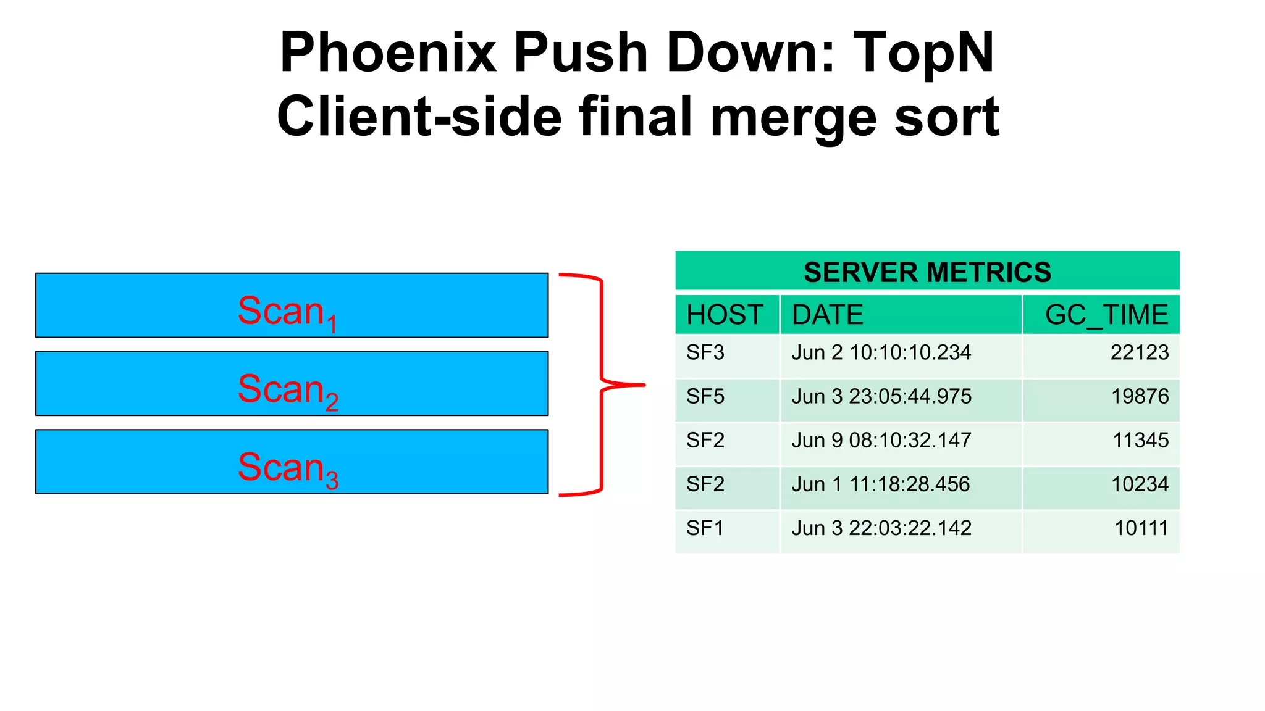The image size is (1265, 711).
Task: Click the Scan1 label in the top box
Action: coord(288,312)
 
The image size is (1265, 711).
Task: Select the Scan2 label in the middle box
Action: coord(288,390)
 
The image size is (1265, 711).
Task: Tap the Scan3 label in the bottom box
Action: coord(288,468)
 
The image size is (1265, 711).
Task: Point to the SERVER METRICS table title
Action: coord(927,272)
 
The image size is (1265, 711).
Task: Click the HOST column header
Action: coord(725,315)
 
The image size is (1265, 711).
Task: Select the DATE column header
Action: coord(827,315)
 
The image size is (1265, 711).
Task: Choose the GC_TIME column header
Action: coord(1106,315)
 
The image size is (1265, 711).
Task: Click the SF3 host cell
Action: coord(705,352)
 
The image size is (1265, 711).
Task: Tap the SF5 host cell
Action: coord(705,396)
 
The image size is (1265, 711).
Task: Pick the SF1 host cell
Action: coord(705,528)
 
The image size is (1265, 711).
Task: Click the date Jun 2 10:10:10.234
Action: coord(881,352)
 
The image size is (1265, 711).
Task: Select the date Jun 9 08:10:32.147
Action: coord(881,441)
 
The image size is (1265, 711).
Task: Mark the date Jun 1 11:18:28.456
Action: coord(881,484)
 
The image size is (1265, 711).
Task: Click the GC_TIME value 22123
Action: coord(1140,352)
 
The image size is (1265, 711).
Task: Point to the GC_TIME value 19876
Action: coord(1140,396)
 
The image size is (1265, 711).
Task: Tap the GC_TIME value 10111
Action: coord(1141,528)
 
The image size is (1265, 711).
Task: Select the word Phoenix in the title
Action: coord(388,53)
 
